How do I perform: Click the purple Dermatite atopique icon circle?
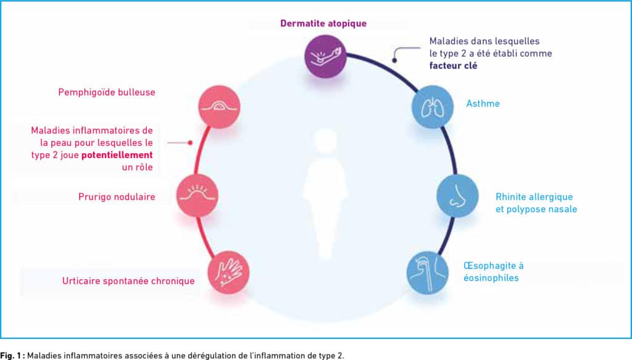click(325, 56)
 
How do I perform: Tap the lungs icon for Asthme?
click(433, 107)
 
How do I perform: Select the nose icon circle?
click(457, 196)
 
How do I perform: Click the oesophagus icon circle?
click(428, 272)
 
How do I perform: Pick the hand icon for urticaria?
click(228, 272)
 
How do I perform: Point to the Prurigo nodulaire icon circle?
click(197, 196)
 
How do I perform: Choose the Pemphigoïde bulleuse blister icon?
click(219, 107)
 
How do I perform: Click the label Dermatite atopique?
click(323, 23)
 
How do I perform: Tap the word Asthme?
click(483, 104)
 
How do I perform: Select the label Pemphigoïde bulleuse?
click(107, 93)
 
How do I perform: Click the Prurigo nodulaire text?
click(117, 197)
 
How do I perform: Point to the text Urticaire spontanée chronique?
click(128, 281)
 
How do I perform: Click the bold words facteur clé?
click(453, 65)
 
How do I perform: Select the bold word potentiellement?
click(117, 155)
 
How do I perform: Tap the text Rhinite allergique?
click(534, 197)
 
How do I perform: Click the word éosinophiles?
click(491, 278)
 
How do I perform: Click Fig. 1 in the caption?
click(12, 356)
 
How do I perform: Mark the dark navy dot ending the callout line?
click(394, 61)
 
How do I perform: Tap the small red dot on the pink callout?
click(190, 143)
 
